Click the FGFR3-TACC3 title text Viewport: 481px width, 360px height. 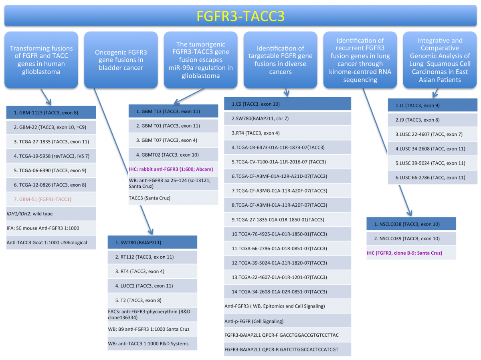(241, 16)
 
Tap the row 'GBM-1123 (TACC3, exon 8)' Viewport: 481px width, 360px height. (51, 112)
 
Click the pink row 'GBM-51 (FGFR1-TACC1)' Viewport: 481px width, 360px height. (51, 199)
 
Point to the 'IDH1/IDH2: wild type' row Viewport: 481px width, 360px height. (51, 213)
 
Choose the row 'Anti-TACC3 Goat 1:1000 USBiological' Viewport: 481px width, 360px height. (51, 242)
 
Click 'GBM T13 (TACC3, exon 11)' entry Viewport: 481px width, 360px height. (173, 111)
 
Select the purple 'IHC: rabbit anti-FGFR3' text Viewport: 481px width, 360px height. (173, 169)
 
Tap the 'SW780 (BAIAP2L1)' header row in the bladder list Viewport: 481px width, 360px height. (152, 242)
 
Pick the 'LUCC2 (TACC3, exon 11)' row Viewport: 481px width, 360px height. (152, 286)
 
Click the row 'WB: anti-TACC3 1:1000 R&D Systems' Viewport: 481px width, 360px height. (152, 343)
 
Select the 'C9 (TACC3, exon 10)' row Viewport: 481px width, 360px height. (287, 104)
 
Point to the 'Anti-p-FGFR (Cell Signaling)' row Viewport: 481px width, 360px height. (287, 321)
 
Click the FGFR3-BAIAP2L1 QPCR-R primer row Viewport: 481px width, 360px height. (287, 349)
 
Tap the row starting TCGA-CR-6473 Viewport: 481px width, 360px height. (287, 147)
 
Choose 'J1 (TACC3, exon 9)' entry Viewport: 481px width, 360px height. (432, 105)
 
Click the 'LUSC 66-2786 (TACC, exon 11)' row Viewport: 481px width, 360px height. (432, 177)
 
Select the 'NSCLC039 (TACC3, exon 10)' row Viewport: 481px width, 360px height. (411, 238)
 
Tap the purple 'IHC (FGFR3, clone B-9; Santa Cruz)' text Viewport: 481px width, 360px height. (411, 253)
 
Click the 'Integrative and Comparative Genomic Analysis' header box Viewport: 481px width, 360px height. (440, 60)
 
